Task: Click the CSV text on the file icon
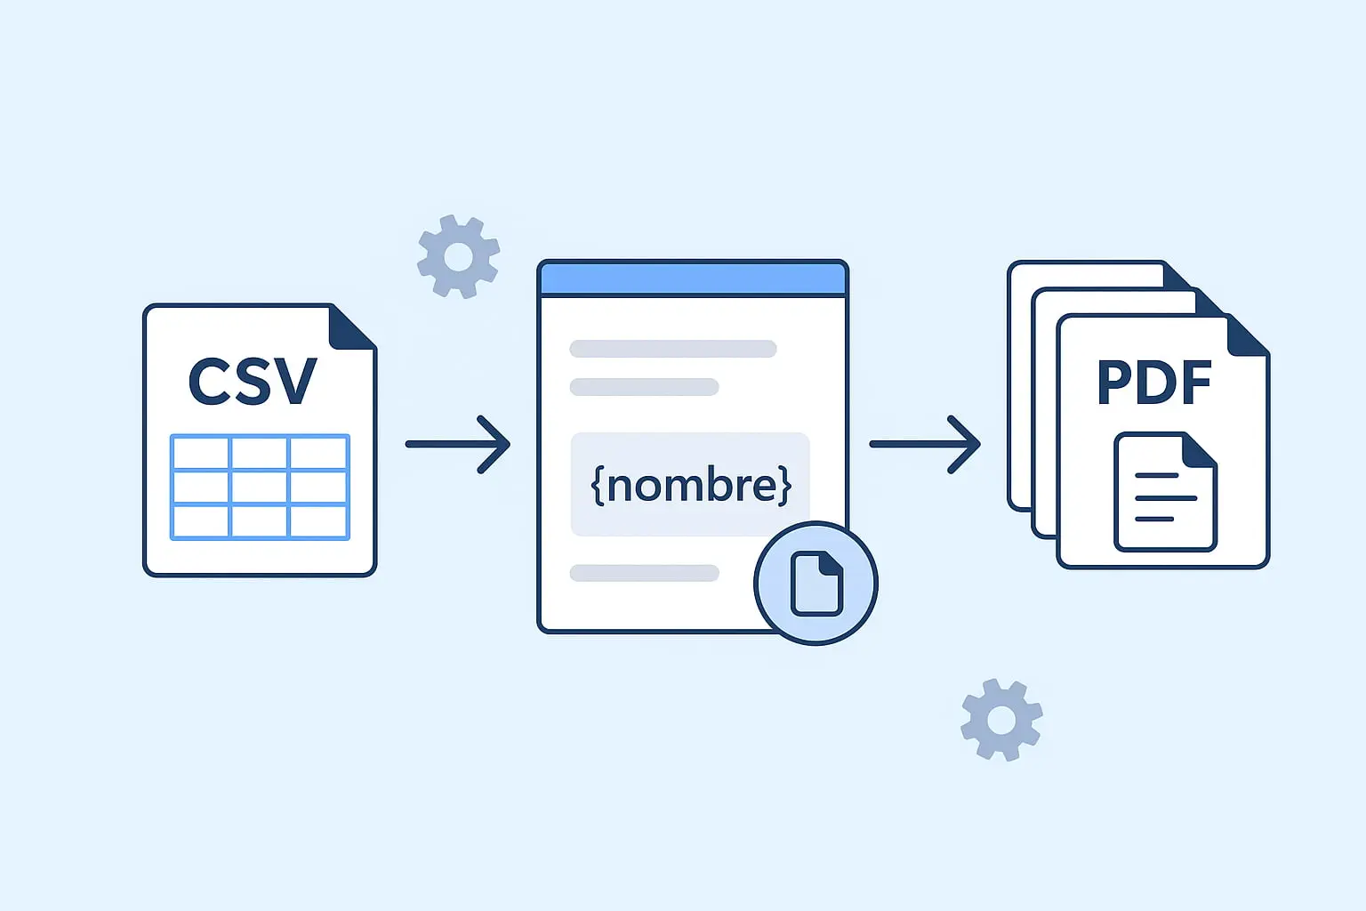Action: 253,382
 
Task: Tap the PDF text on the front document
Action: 1154,383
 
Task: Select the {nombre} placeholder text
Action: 691,485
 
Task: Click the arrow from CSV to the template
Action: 459,443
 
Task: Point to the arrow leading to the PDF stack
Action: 925,443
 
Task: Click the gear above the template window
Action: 458,256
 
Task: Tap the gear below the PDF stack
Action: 1001,720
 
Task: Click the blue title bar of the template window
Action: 692,278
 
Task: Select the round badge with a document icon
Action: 816,583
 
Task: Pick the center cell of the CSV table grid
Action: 259,488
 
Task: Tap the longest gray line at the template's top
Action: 673,349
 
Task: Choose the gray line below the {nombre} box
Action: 644,573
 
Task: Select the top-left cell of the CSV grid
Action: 200,453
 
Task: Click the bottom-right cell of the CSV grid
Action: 318,521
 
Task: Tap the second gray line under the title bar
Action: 644,387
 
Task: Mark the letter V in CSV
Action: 293,382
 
